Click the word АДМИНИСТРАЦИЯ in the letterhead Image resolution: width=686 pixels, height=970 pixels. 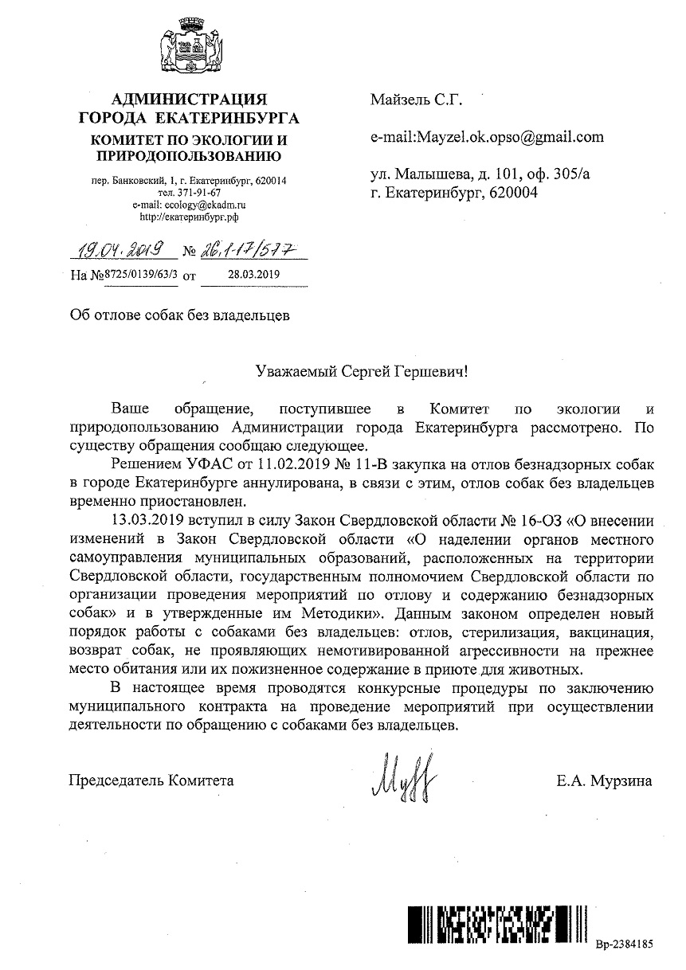coord(189,100)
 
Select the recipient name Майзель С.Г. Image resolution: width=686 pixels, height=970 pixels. coord(416,100)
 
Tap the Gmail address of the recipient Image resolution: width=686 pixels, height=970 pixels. coord(487,137)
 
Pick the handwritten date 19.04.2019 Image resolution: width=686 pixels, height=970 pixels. coord(124,251)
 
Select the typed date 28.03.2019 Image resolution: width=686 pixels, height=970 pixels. coord(245,276)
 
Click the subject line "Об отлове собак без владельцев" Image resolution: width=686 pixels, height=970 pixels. coord(179,315)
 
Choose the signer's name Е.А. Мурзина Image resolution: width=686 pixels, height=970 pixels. coord(605,780)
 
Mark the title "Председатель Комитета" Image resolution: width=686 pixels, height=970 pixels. coord(151,780)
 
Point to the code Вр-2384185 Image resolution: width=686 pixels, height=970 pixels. coord(624,944)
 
